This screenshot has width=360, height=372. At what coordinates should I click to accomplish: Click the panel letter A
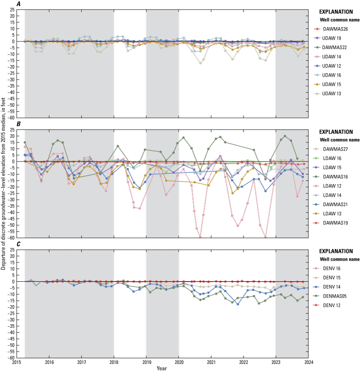[18, 4]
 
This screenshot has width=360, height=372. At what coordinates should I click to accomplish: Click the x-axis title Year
[162, 368]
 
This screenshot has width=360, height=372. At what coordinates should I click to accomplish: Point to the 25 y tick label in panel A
[13, 9]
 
